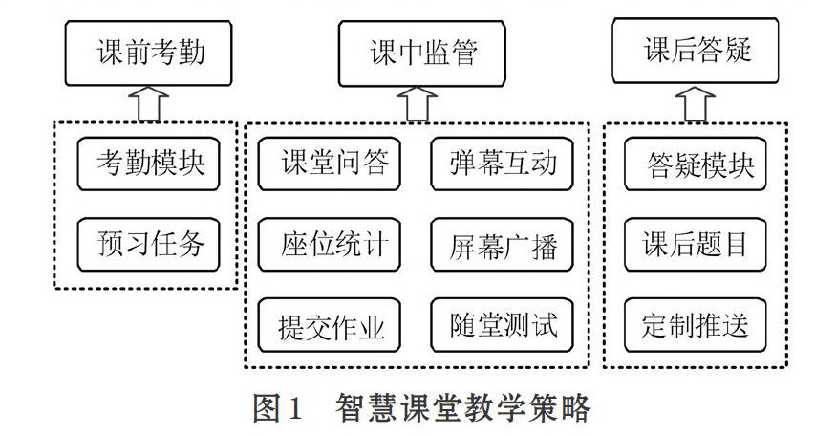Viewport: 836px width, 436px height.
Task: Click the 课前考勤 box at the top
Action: [x=148, y=54]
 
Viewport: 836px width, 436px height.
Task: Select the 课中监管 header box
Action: [x=421, y=54]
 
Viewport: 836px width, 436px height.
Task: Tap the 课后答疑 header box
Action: [x=696, y=51]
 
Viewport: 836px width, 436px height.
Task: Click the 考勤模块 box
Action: [x=148, y=163]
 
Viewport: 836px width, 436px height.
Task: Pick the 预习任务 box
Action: [x=148, y=245]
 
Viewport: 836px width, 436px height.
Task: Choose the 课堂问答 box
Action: [x=329, y=163]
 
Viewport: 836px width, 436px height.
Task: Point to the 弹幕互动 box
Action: [x=502, y=163]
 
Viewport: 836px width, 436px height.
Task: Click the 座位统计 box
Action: [x=329, y=245]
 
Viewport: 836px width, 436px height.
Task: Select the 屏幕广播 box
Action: [x=502, y=245]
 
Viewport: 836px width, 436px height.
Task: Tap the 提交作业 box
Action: [x=329, y=325]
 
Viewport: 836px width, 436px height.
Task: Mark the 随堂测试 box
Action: [x=502, y=325]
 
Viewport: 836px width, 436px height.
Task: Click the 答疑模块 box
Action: [x=696, y=163]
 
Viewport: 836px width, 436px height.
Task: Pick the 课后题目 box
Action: [x=696, y=245]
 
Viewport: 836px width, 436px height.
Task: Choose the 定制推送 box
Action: [x=696, y=325]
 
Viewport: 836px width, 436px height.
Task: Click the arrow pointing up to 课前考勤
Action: [x=149, y=104]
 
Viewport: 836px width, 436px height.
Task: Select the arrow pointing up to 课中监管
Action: [x=418, y=104]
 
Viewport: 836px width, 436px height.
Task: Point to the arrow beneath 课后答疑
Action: [x=696, y=104]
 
